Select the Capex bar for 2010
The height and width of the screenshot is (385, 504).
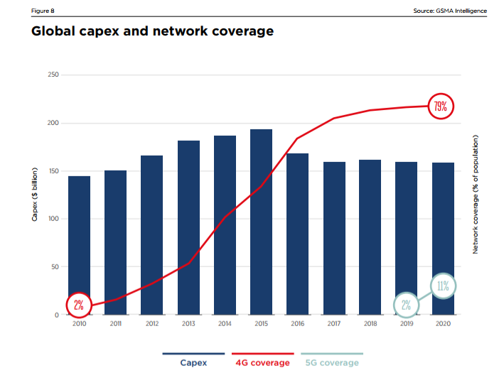[x=79, y=245]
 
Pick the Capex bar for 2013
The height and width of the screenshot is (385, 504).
[x=188, y=227]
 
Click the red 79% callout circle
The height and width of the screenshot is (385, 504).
[x=441, y=107]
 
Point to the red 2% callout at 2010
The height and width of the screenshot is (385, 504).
[x=79, y=305]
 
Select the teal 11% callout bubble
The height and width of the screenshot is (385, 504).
[x=442, y=286]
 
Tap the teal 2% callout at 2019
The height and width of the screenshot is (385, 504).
[x=406, y=305]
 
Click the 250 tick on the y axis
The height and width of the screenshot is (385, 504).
[x=52, y=75]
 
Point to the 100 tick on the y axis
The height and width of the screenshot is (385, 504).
[x=52, y=219]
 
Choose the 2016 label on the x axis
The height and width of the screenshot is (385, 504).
[x=297, y=323]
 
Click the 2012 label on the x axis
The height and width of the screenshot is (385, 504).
[x=151, y=323]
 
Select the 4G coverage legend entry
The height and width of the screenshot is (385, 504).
[x=262, y=362]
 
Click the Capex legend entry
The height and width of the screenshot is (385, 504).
[x=193, y=362]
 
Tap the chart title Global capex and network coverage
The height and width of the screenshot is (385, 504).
[x=152, y=31]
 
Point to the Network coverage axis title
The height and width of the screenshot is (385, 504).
[x=476, y=193]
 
